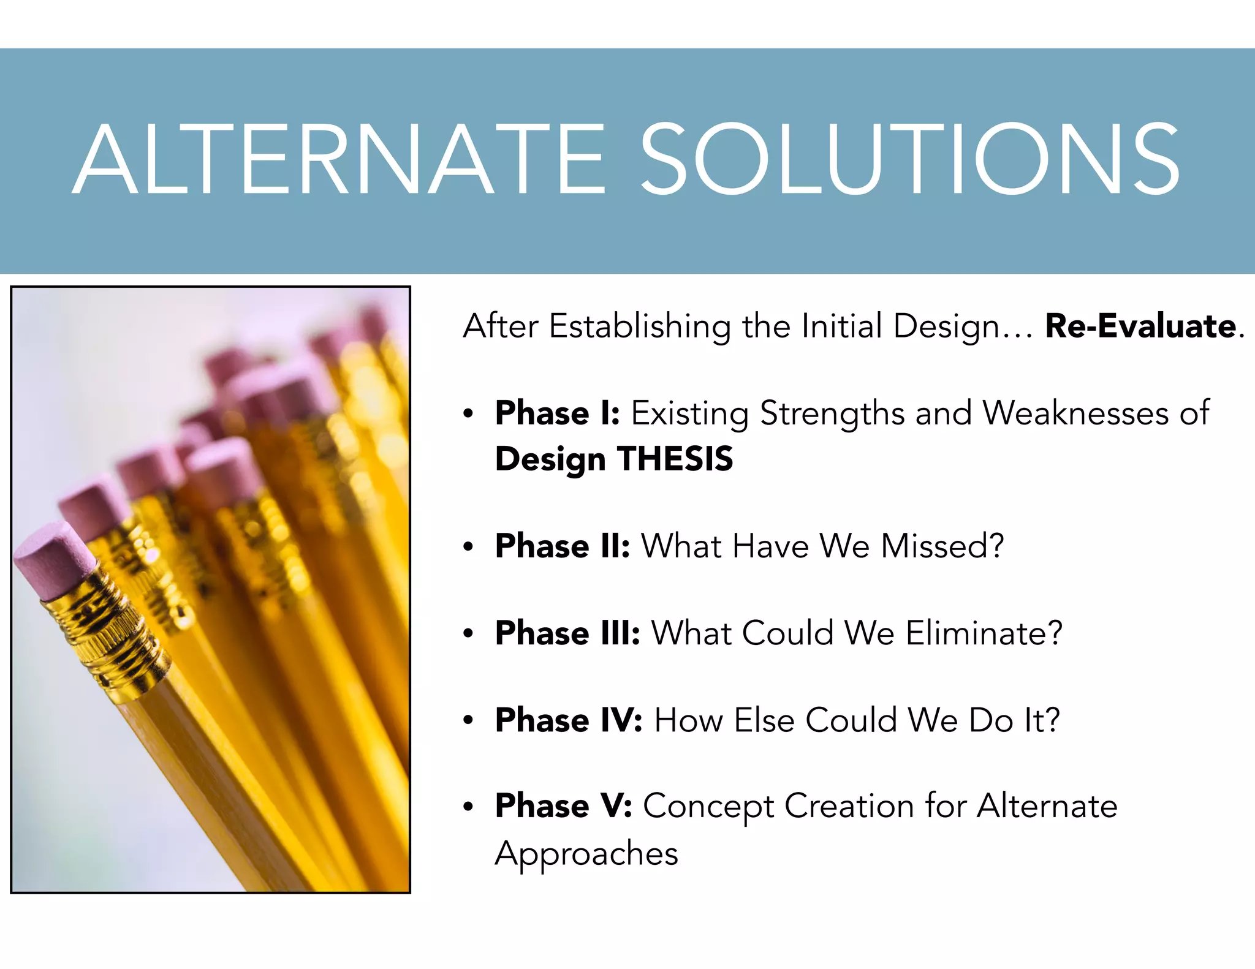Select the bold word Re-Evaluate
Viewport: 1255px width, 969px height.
click(x=1140, y=326)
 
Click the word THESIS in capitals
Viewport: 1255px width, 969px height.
click(x=675, y=459)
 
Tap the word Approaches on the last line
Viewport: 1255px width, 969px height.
click(x=586, y=854)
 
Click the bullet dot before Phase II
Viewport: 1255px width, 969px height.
click(x=469, y=546)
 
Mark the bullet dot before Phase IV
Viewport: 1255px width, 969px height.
click(x=469, y=720)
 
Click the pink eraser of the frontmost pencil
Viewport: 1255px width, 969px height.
click(x=54, y=560)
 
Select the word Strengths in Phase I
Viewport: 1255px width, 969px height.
click(x=832, y=414)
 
